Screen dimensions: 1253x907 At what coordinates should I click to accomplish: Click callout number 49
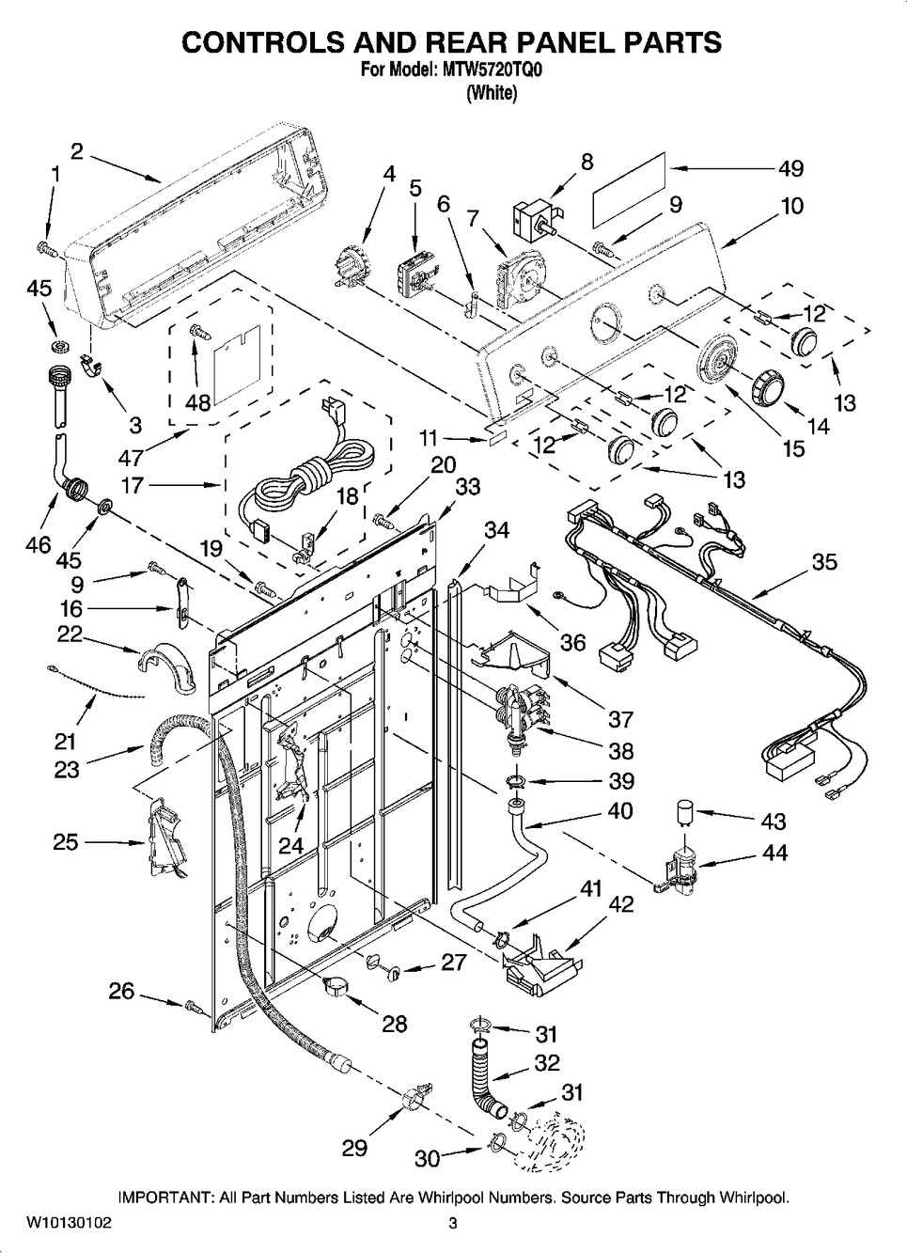(790, 168)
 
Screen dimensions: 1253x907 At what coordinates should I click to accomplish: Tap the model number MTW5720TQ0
(494, 70)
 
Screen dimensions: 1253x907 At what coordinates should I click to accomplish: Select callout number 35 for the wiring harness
(823, 562)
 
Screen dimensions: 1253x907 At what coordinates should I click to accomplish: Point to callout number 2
(77, 150)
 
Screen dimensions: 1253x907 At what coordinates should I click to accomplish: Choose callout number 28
(395, 1024)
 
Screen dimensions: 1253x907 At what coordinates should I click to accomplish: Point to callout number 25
(65, 842)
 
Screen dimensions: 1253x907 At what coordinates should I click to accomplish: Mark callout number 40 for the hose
(619, 810)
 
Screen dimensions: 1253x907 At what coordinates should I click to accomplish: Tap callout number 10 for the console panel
(791, 205)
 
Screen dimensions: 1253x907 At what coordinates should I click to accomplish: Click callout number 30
(427, 1159)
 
